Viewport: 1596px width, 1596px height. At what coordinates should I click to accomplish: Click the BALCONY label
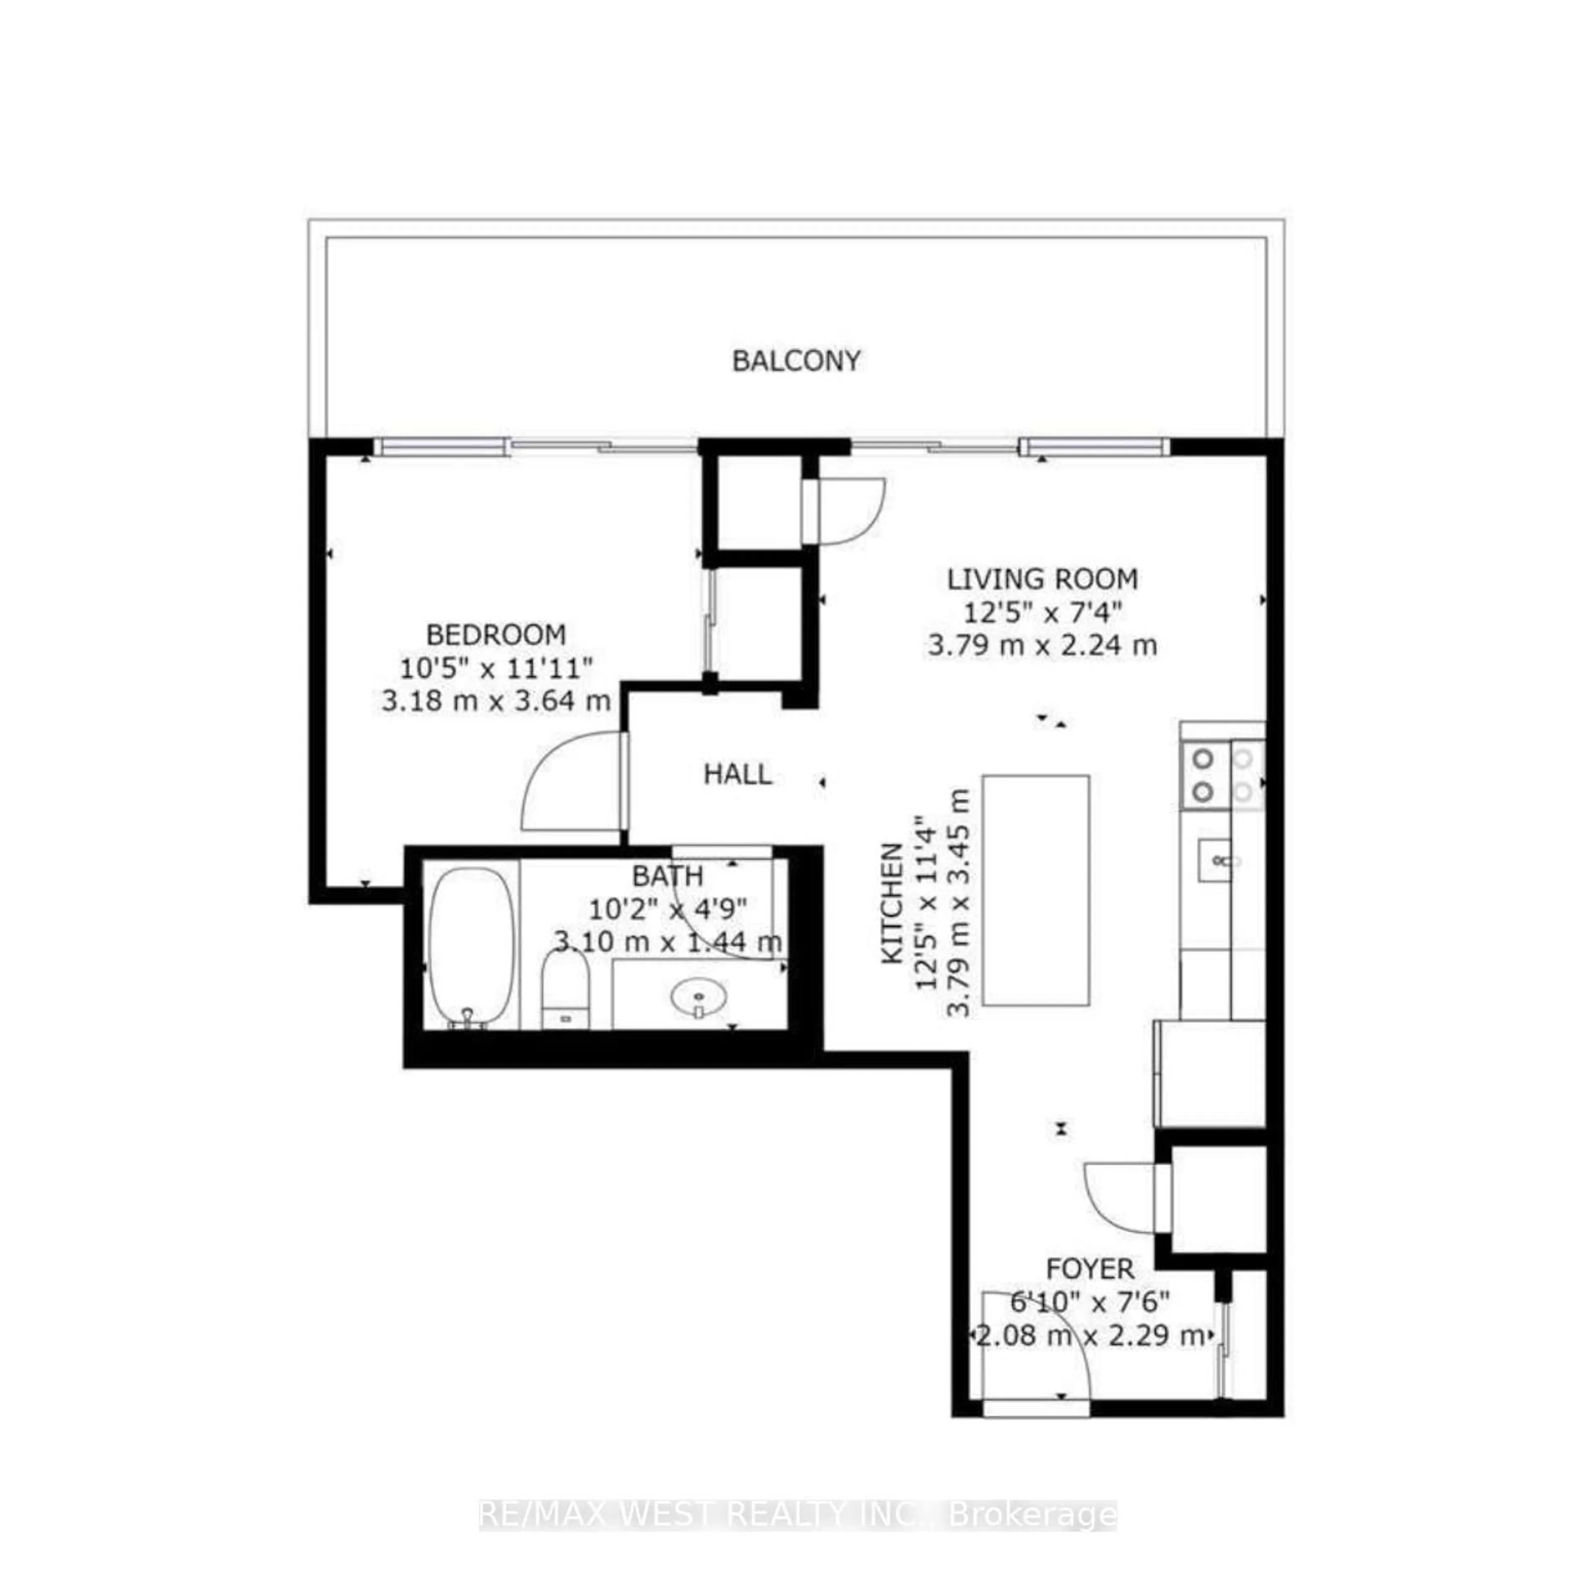(796, 361)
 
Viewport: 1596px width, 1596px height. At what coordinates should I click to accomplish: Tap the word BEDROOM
(496, 634)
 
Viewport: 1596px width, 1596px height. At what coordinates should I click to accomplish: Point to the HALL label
(738, 774)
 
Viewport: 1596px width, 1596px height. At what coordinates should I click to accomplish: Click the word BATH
(667, 875)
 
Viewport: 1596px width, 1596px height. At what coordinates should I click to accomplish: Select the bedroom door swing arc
(570, 781)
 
